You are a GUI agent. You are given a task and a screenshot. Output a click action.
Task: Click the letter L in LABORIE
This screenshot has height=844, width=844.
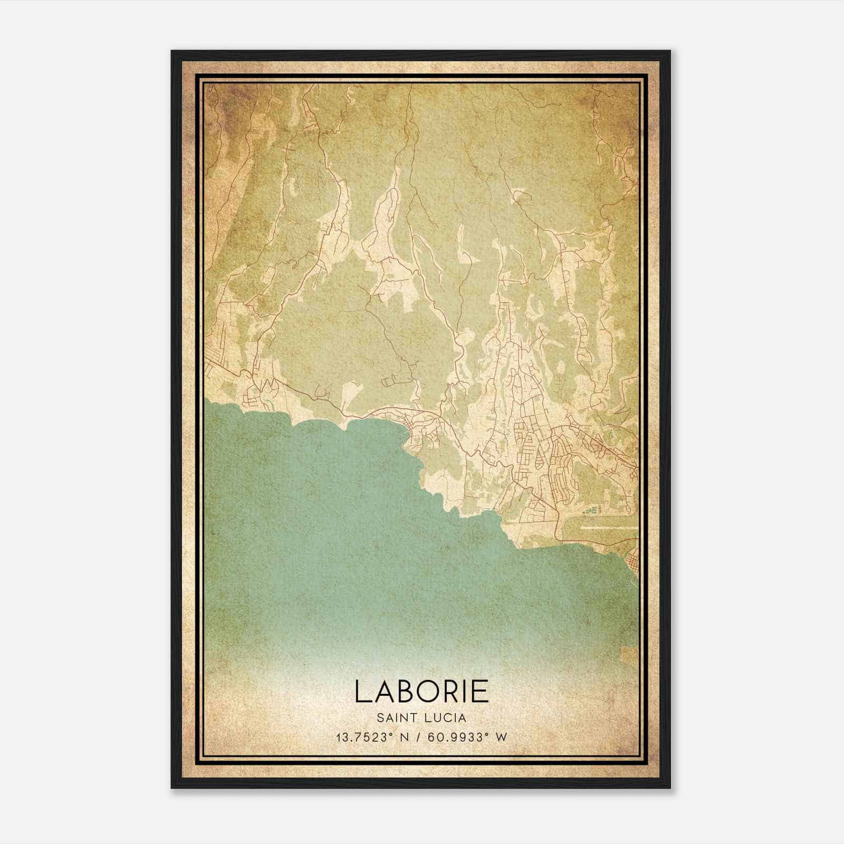(x=363, y=692)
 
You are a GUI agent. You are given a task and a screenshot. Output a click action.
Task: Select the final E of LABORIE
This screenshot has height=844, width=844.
(x=479, y=692)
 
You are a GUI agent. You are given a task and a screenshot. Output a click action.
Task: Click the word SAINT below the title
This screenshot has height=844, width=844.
(x=394, y=718)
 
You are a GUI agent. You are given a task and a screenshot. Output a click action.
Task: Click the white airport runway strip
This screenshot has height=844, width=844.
(x=607, y=526)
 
